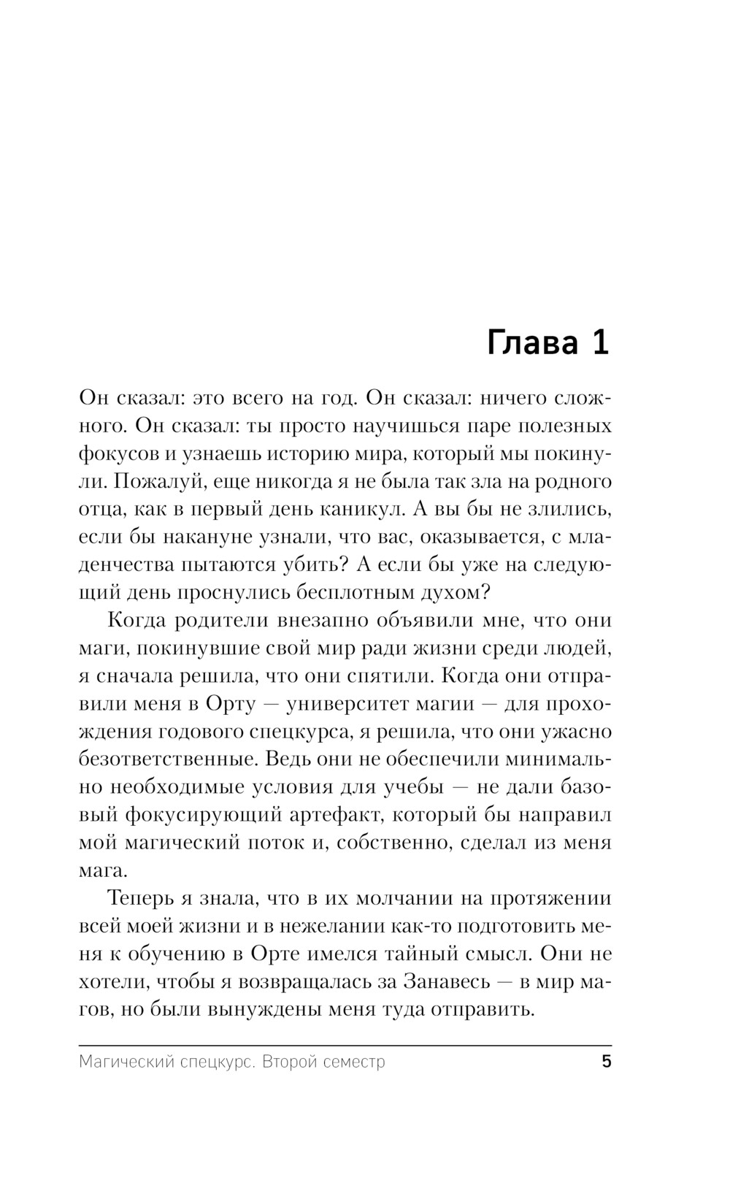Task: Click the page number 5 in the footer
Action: click(606, 1061)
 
